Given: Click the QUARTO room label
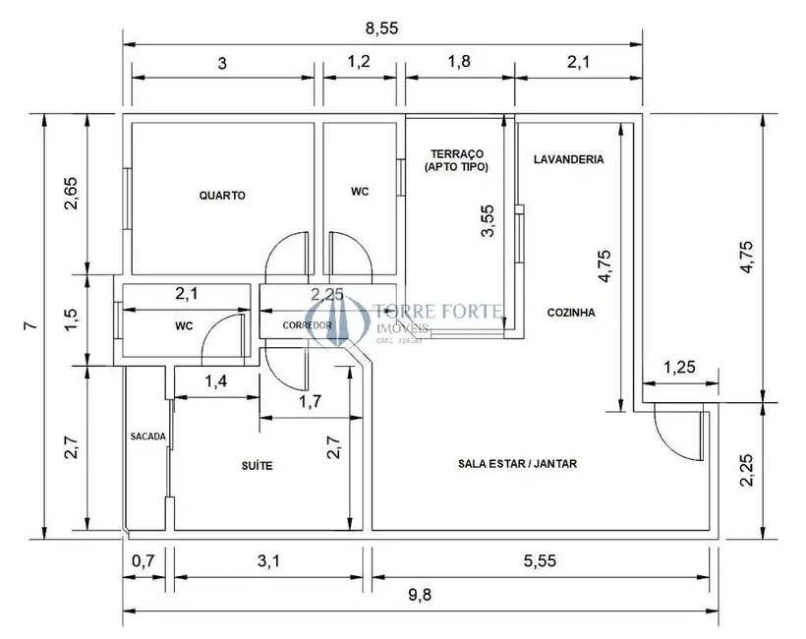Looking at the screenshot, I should tap(222, 195).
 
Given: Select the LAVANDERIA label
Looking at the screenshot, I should tap(569, 159).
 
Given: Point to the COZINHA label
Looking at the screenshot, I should tap(571, 313).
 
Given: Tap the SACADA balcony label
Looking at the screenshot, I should tap(147, 436).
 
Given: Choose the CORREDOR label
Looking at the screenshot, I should tap(308, 325).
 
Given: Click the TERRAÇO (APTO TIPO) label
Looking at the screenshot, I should tap(456, 160).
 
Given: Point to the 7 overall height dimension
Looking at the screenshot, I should tap(29, 325).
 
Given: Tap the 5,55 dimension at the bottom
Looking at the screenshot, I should tap(541, 561).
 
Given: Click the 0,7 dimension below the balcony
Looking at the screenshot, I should tap(144, 561).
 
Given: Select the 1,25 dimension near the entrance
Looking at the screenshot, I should tap(681, 368).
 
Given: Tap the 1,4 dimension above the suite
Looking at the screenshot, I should tap(218, 380).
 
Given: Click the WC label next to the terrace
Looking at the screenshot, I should tap(360, 192).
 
